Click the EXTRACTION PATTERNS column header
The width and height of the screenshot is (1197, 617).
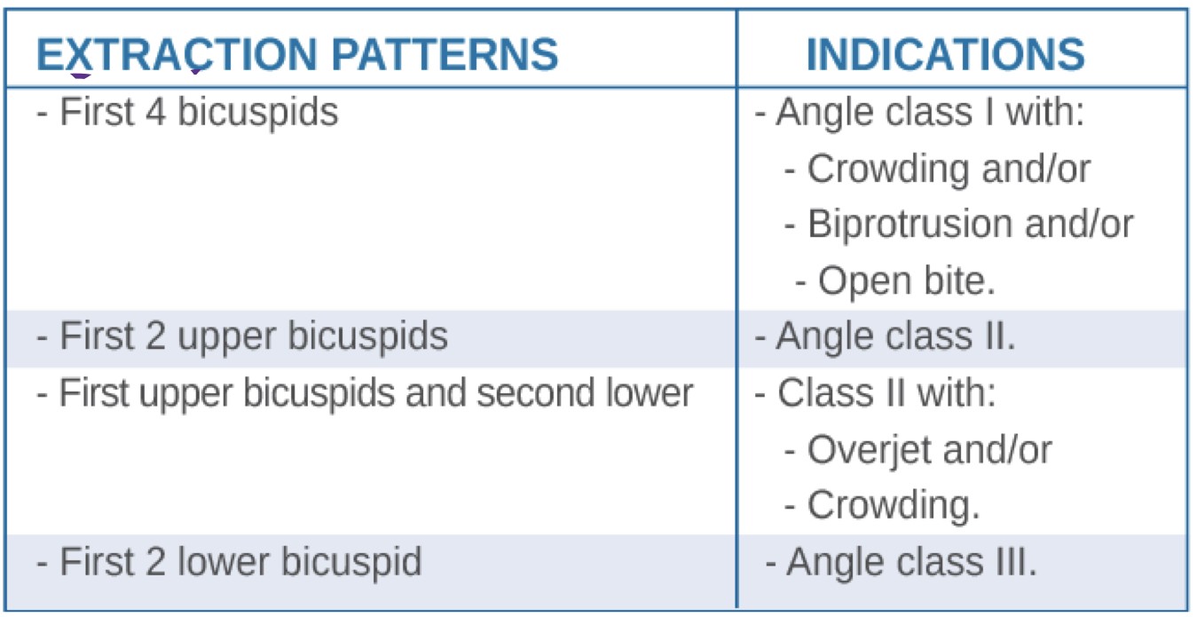coord(297,54)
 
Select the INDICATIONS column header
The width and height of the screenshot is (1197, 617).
coord(945,54)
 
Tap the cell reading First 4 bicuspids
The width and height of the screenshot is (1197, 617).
coord(187,112)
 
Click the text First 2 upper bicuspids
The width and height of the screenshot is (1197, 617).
coord(242,336)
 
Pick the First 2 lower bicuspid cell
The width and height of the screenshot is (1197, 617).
coord(229,562)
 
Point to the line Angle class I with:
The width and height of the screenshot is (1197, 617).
coord(919,113)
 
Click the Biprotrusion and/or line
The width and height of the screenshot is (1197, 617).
coord(958,224)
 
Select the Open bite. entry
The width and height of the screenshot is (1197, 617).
coord(895,281)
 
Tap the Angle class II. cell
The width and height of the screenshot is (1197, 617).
coord(885,336)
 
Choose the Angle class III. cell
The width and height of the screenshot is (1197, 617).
coord(901,562)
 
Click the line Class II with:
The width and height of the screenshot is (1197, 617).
coord(875,393)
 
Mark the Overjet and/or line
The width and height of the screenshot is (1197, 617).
coord(918,450)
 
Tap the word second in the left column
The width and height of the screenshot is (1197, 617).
coord(535,393)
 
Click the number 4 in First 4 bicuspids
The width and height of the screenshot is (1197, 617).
coord(155,112)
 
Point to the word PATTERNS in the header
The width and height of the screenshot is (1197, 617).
coord(445,54)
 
